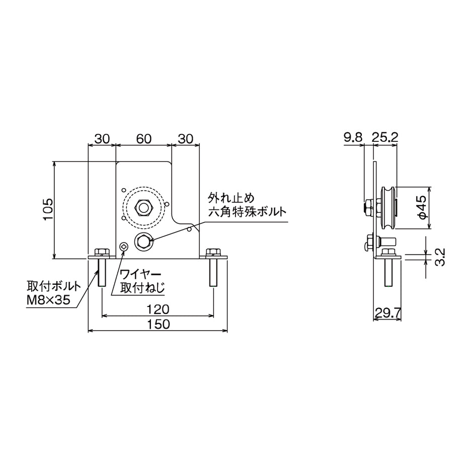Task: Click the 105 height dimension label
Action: pos(48,209)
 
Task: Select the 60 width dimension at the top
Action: pos(143,139)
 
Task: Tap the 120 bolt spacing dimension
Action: pos(158,309)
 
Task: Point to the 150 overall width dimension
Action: pos(159,324)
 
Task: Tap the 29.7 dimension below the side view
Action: pos(387,313)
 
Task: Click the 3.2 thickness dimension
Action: pos(440,257)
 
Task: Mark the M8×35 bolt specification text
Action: pos(48,299)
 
